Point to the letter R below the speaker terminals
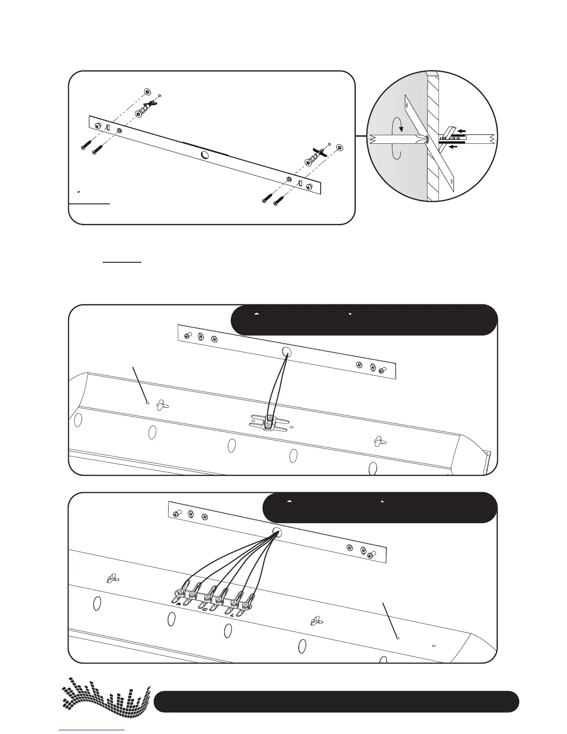click(178, 604)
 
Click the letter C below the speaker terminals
click(204, 610)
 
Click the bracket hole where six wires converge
click(277, 532)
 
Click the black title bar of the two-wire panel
click(364, 320)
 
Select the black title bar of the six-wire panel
click(380, 507)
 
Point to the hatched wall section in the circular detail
click(433, 139)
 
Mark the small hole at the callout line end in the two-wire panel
click(147, 403)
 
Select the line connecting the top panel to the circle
click(361, 136)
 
